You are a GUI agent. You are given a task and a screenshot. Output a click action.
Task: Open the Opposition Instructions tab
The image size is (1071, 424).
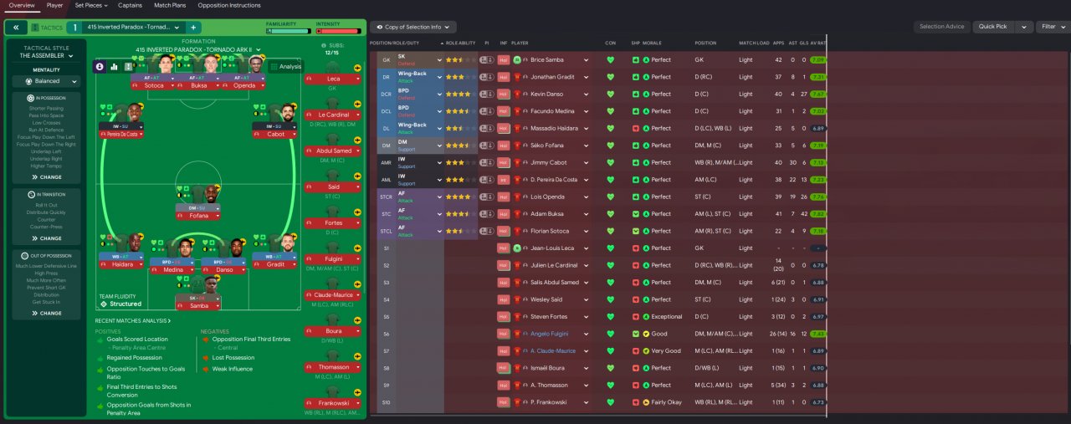[x=228, y=5]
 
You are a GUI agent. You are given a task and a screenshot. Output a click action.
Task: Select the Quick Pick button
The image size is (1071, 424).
[x=992, y=27]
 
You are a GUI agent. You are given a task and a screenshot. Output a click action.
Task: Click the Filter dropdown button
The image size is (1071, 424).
[x=1049, y=27]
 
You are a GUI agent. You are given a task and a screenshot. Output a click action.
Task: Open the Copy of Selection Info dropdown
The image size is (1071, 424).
[x=413, y=27]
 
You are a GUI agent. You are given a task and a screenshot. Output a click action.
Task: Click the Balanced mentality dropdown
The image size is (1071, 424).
[x=47, y=81]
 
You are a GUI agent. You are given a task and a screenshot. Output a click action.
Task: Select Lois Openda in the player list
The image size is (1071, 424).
[x=548, y=197]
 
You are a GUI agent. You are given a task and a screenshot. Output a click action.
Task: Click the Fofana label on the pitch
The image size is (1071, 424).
[x=197, y=216]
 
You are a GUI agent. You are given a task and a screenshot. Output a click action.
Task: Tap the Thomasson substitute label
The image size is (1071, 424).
[x=333, y=366]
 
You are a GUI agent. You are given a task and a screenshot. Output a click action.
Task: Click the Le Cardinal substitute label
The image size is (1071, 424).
[x=333, y=115]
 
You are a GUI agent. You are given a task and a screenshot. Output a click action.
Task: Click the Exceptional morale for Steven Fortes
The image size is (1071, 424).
[x=667, y=317]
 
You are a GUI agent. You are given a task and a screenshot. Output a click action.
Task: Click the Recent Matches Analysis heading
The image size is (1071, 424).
[x=132, y=320]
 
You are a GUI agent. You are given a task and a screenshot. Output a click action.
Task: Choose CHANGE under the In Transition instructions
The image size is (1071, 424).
[x=47, y=238]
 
